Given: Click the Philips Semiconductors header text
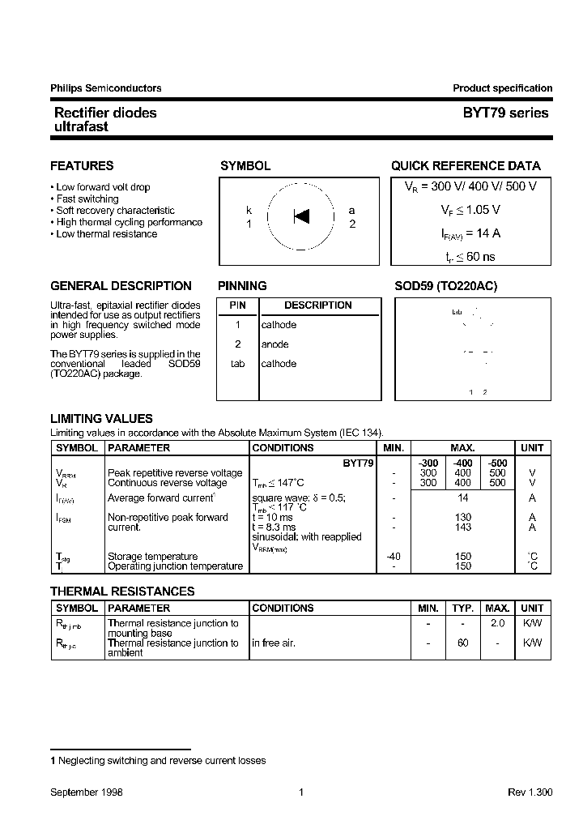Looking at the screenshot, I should pyautogui.click(x=105, y=88).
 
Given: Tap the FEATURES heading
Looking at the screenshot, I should pyautogui.click(x=82, y=166).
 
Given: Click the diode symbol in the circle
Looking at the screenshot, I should pyautogui.click(x=301, y=216).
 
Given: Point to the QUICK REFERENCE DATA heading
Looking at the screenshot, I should pyautogui.click(x=466, y=166).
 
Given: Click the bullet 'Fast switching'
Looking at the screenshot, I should pyautogui.click(x=87, y=199).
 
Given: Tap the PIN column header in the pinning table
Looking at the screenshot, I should pyautogui.click(x=237, y=305).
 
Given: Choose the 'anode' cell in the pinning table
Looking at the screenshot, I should pyautogui.click(x=274, y=344).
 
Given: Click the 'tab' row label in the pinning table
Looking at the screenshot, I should pyautogui.click(x=237, y=364).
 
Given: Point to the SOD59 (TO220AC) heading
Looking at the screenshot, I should pyautogui.click(x=445, y=286).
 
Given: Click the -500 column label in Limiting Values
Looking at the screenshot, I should pyautogui.click(x=497, y=463).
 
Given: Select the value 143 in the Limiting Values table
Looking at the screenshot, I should pyautogui.click(x=463, y=527).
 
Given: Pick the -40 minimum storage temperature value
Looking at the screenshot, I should pyautogui.click(x=393, y=556).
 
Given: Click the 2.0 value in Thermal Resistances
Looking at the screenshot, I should pyautogui.click(x=497, y=623).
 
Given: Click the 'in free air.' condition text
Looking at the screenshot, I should pyautogui.click(x=274, y=643).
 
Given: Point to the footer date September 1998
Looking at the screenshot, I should pyautogui.click(x=87, y=792).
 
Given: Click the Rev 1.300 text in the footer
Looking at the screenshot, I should pyautogui.click(x=530, y=792).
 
